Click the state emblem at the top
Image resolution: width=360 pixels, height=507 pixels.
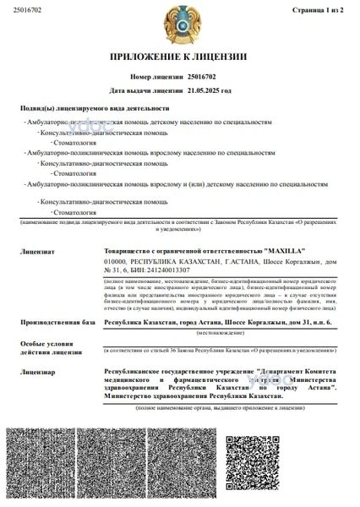(x=179, y=26)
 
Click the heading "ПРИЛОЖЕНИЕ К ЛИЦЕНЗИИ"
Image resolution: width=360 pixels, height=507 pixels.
(x=179, y=57)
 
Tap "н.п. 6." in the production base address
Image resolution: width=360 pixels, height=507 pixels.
(x=319, y=322)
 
